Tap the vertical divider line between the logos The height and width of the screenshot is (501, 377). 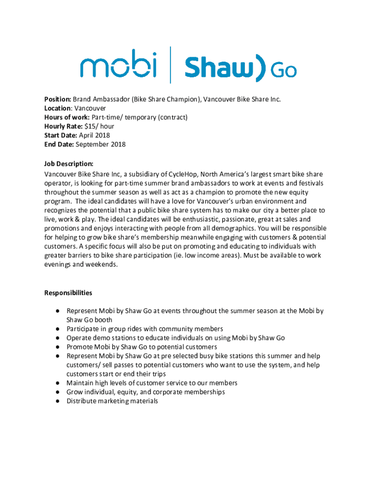click(170, 65)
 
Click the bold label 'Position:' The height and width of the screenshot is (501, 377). click(58, 99)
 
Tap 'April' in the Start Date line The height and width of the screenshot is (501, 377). click(86, 136)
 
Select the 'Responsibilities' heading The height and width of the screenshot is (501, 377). click(68, 293)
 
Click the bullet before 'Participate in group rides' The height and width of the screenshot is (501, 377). click(57, 329)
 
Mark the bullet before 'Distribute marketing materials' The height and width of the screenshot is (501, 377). click(57, 401)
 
